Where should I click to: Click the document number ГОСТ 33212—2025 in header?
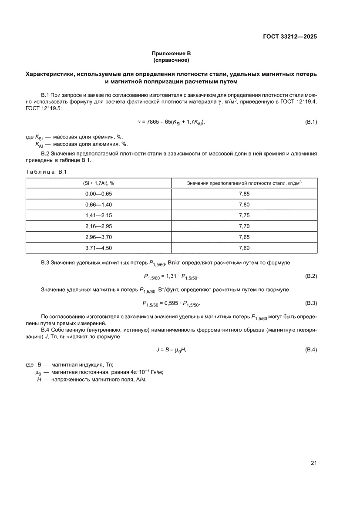289,37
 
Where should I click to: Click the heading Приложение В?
171,53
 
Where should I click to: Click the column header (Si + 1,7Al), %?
99,183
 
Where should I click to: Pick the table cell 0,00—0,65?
99,194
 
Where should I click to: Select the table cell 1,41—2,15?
99,216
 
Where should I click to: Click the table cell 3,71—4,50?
99,248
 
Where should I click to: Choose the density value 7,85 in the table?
244,194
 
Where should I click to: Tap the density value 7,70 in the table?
244,226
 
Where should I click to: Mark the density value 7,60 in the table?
244,248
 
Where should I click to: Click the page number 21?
313,463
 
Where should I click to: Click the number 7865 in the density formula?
154,122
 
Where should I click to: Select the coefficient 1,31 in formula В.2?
172,276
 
